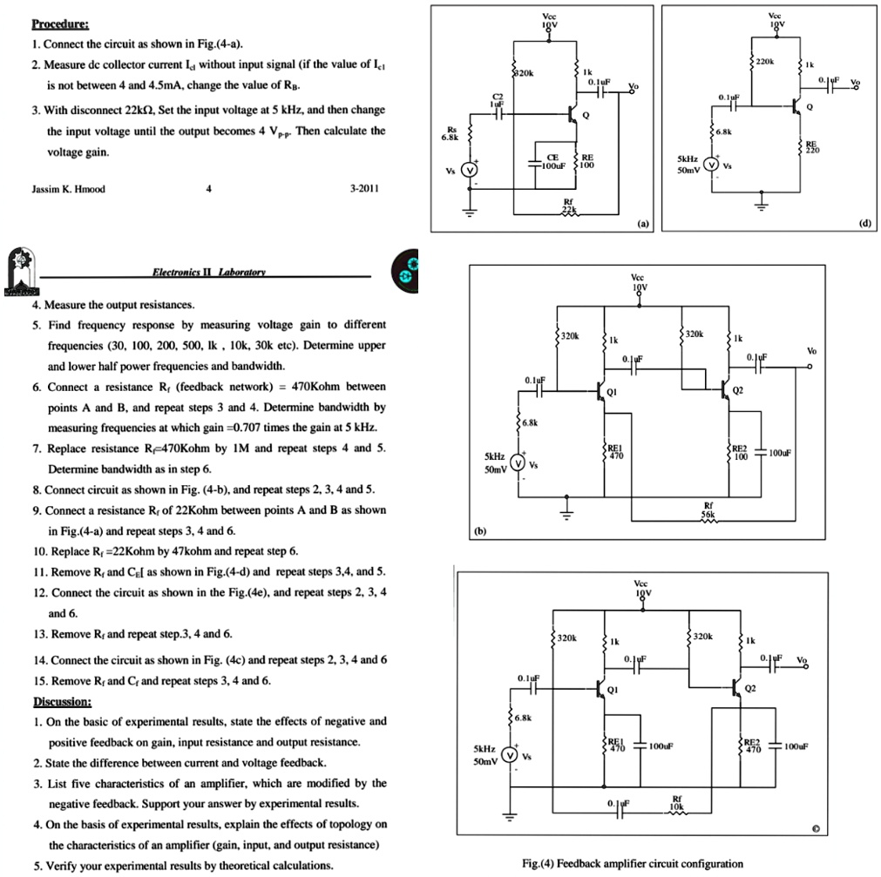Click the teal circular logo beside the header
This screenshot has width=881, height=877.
click(x=407, y=270)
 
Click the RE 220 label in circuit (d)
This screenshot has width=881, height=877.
click(x=812, y=145)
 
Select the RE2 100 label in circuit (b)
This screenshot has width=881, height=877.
click(x=740, y=453)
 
